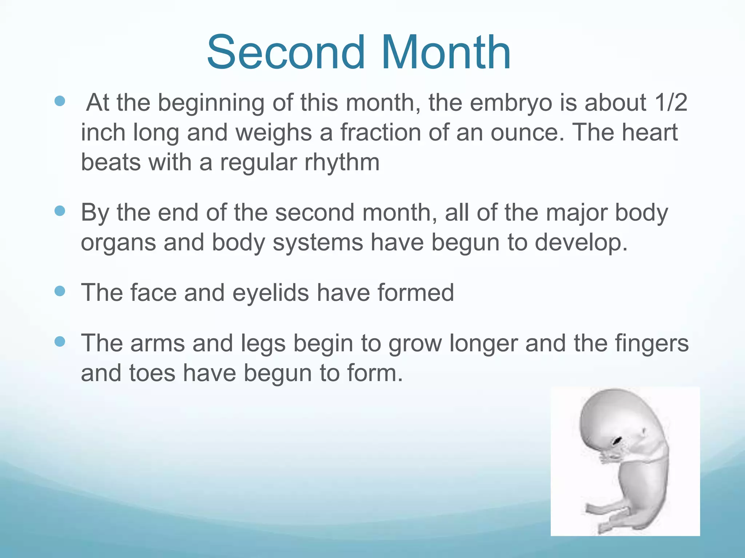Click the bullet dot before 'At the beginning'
[x=59, y=101]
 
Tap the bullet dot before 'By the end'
[x=59, y=211]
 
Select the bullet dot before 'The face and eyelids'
[x=59, y=291]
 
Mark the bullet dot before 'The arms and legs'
[x=59, y=341]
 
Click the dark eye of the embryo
[x=617, y=441]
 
